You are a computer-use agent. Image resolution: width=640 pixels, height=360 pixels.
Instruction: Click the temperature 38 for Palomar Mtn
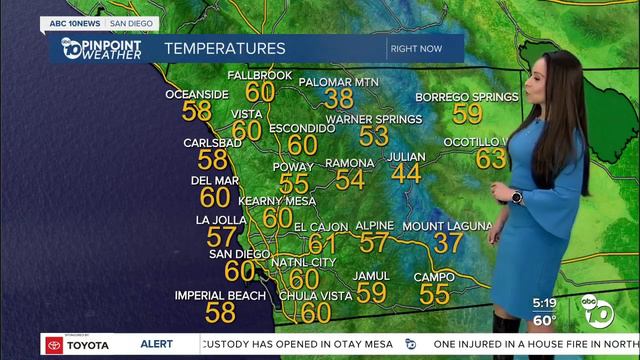340,98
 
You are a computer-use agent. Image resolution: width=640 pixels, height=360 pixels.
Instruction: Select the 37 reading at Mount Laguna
448,243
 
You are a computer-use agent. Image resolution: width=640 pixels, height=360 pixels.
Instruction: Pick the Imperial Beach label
220,296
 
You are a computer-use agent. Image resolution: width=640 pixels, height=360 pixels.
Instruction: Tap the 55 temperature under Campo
434,294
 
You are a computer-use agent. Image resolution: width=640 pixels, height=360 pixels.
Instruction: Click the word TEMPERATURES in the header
224,48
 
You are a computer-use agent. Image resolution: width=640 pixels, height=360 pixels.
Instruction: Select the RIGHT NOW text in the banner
417,48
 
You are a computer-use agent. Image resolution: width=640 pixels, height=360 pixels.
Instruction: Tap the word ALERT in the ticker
156,344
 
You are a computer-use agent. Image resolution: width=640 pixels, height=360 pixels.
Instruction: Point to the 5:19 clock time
544,302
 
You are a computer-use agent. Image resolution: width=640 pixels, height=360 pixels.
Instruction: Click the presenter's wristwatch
516,197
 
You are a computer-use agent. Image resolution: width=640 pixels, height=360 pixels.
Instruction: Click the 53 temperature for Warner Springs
373,137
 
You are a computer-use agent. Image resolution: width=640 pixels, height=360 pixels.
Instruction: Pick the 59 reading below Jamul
371,292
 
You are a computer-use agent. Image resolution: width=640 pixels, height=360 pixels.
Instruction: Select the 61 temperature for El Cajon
322,244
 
